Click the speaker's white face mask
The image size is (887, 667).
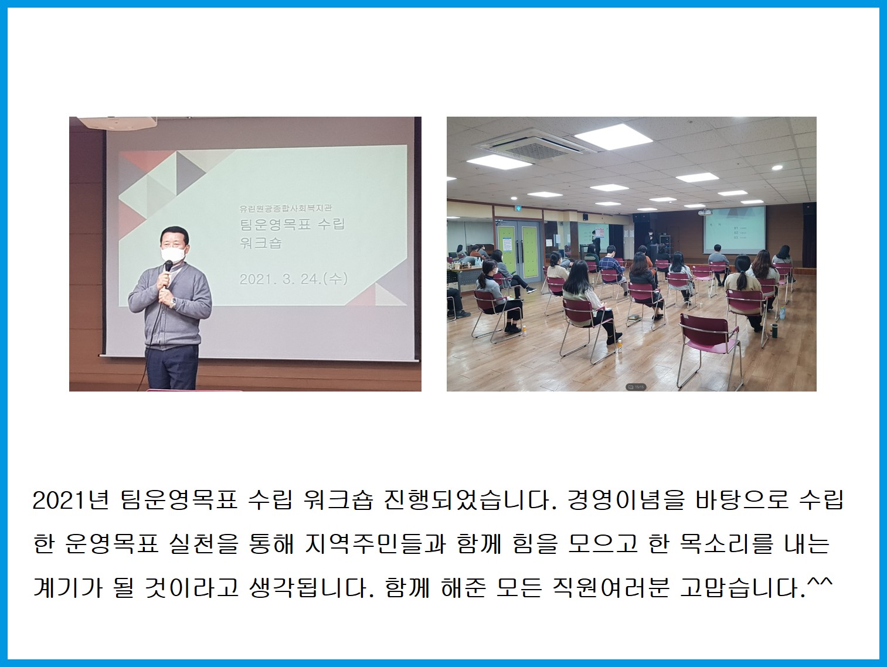point(174,254)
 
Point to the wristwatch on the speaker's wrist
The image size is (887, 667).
point(174,301)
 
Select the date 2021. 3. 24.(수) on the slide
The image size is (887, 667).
point(293,279)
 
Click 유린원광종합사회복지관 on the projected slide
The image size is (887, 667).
point(286,208)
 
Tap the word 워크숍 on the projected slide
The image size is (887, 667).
point(261,243)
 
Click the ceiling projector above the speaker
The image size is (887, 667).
point(117,122)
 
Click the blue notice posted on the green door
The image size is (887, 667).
point(507,245)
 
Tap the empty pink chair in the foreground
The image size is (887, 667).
point(710,349)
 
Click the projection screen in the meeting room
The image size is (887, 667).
point(734,228)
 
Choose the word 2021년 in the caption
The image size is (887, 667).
point(70,501)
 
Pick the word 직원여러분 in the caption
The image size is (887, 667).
point(611,588)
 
